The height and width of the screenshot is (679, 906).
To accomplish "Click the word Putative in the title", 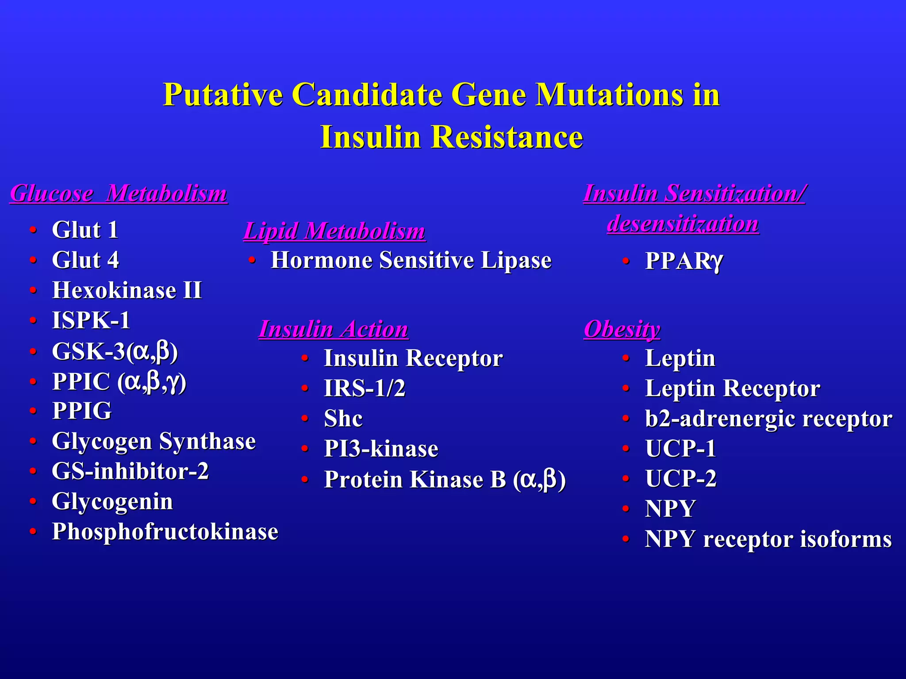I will [x=223, y=95].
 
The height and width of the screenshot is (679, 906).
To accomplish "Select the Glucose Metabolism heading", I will [x=119, y=194].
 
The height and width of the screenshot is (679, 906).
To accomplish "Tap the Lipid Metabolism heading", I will [x=334, y=231].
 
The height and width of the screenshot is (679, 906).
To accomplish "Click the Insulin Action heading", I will [x=334, y=329].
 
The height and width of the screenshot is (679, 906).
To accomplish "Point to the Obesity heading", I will [x=622, y=329].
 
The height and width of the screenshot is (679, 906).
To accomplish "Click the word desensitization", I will [x=683, y=224].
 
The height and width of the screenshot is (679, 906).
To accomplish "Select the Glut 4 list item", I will [x=85, y=260].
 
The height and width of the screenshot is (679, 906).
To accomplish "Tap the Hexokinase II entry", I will [x=127, y=290].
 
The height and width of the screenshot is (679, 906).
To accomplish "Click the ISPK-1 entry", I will [x=91, y=320].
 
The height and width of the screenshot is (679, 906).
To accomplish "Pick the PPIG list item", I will [x=82, y=411].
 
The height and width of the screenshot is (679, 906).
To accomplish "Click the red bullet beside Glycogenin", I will [x=33, y=501].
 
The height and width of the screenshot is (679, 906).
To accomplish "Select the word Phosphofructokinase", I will [x=165, y=532].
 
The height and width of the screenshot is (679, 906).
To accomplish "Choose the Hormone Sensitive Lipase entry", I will [x=411, y=260].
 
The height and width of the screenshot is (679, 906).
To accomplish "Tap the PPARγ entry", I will [x=683, y=261].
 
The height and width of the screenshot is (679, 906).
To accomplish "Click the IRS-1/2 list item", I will [x=365, y=389].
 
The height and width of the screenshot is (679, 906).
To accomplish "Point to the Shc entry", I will [x=343, y=419].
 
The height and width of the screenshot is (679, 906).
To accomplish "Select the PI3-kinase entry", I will [x=381, y=449].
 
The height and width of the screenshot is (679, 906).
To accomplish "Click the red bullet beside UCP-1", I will [x=626, y=449].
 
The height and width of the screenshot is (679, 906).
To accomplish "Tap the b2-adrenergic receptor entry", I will [x=768, y=419].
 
